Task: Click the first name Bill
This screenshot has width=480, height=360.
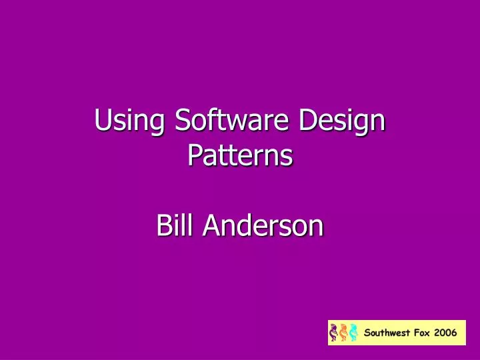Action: (x=175, y=226)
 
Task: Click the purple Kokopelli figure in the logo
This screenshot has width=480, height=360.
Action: (x=334, y=332)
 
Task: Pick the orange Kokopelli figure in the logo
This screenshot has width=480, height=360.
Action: (x=343, y=332)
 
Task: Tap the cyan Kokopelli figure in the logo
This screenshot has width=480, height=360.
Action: (x=353, y=332)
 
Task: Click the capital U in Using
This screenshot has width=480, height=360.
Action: (x=103, y=122)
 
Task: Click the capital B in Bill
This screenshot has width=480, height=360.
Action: (x=163, y=226)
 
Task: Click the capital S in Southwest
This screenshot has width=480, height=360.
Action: (x=367, y=333)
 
